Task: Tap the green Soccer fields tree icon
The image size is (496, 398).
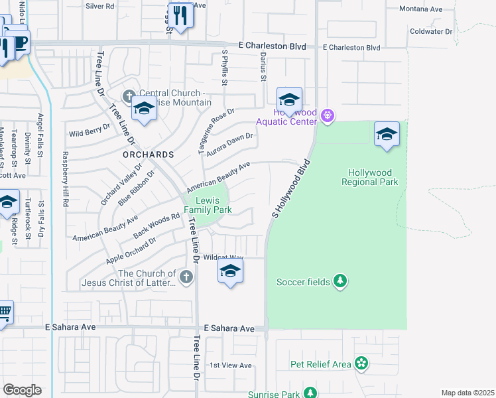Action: point(340,282)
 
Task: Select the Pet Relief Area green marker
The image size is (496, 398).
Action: point(361,364)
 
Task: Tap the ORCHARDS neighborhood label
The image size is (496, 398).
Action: point(148,154)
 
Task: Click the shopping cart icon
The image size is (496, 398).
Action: point(4,312)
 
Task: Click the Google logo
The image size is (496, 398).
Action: point(22,389)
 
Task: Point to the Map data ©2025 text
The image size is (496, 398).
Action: point(467,393)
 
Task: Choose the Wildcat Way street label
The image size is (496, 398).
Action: point(223,257)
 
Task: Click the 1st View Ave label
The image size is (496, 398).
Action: point(231,365)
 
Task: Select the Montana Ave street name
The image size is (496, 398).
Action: point(420,9)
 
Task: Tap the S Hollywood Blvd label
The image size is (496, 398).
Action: point(290,189)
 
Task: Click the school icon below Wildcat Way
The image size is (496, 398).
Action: point(230,271)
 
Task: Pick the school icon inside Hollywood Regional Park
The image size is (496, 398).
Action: point(387,135)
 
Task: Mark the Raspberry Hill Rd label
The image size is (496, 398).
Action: point(66,180)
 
